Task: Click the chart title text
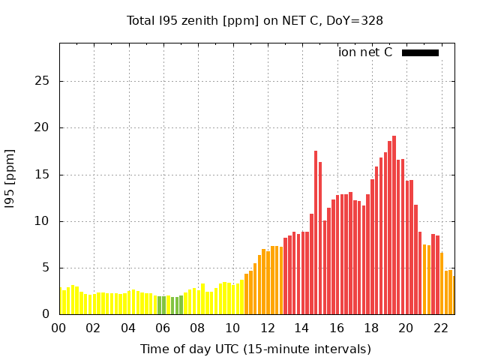click(x=255, y=20)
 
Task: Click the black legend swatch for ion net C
click(x=420, y=52)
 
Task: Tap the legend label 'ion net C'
click(x=365, y=52)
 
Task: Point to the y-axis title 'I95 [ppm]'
click(x=10, y=178)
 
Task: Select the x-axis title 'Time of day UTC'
click(x=255, y=349)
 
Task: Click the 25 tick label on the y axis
click(x=43, y=81)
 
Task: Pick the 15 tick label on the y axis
click(x=43, y=175)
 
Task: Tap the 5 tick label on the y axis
click(x=46, y=268)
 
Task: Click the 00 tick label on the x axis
click(x=59, y=328)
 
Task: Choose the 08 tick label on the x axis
click(x=198, y=328)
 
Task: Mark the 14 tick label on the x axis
click(x=302, y=328)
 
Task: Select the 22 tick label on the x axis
click(x=441, y=328)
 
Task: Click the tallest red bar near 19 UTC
click(x=394, y=225)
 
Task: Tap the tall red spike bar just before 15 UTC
click(x=316, y=232)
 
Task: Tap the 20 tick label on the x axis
click(x=406, y=328)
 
